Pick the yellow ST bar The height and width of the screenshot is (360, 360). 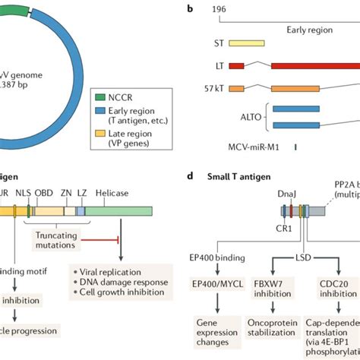(247, 46)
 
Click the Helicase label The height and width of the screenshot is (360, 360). (112, 194)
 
